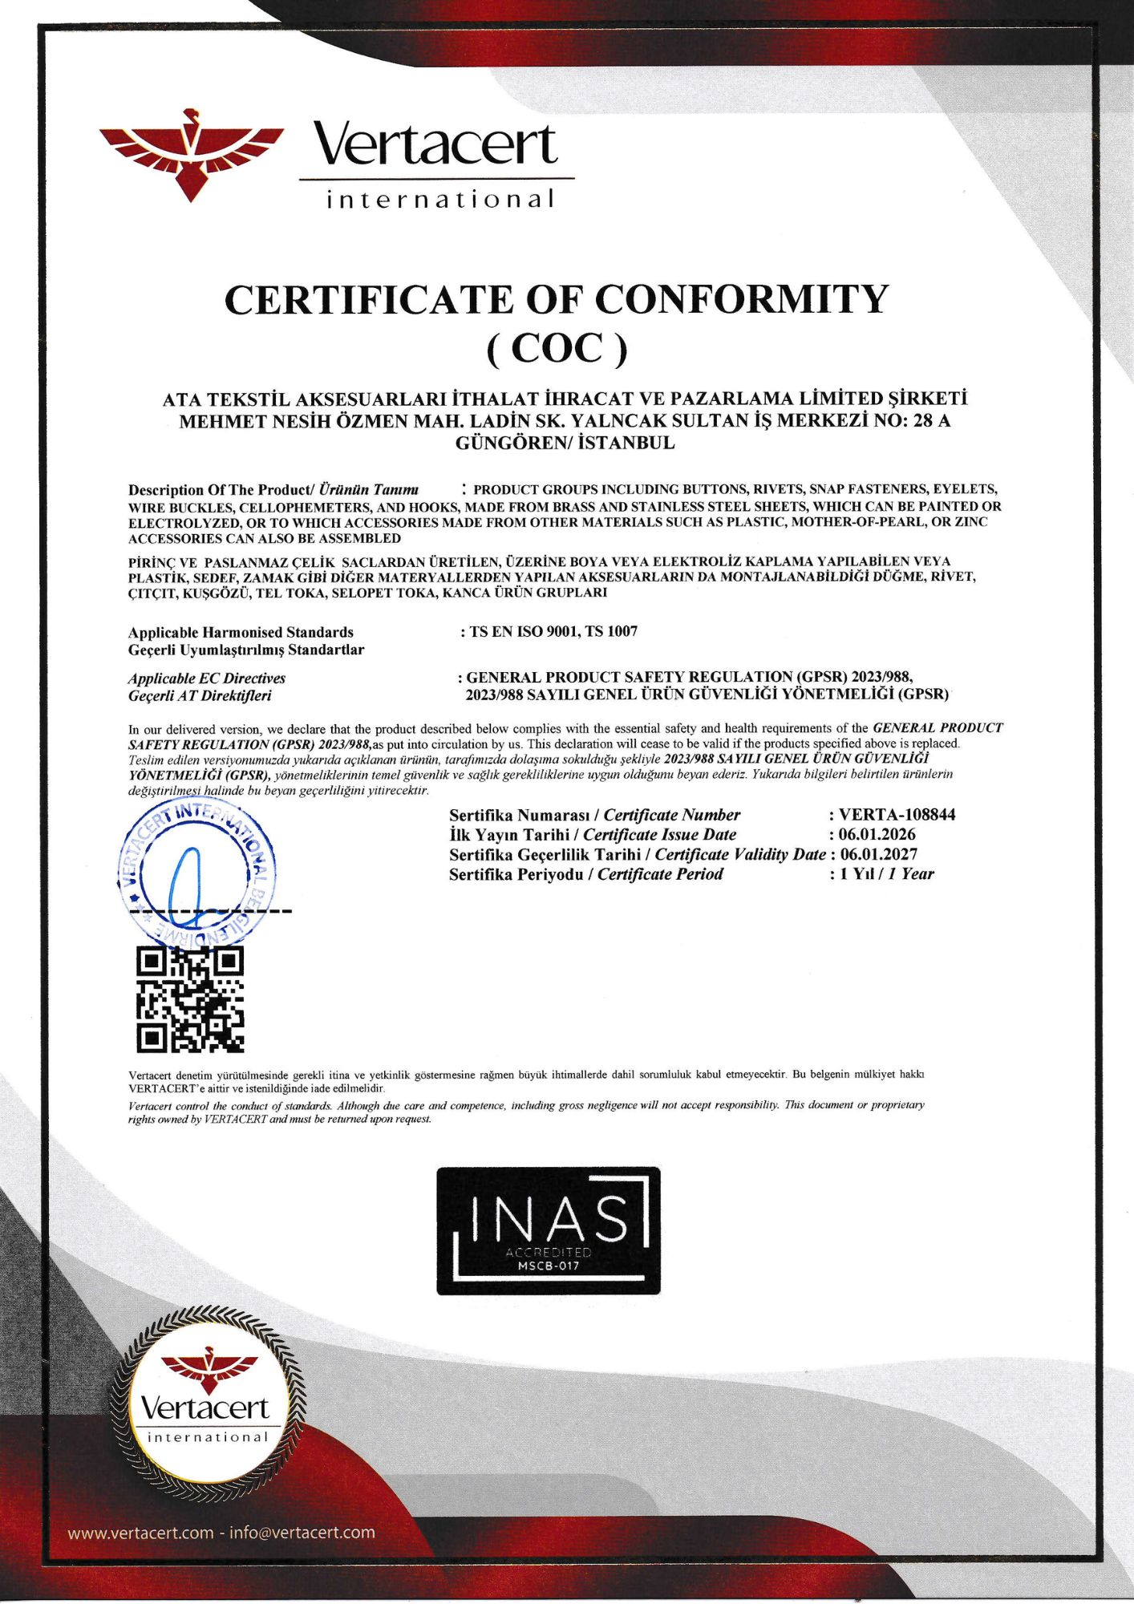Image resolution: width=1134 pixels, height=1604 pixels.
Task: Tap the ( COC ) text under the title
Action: click(x=557, y=349)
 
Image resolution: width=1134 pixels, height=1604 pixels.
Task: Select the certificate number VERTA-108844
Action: click(x=897, y=815)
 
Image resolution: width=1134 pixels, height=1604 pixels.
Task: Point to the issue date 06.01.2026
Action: click(x=877, y=834)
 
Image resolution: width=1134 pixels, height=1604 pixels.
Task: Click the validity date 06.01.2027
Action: click(x=878, y=854)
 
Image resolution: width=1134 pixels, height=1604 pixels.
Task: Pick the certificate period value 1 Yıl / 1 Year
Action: click(x=886, y=874)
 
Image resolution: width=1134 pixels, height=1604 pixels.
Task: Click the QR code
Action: click(x=189, y=999)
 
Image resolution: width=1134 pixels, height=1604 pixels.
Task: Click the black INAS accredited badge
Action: click(x=548, y=1230)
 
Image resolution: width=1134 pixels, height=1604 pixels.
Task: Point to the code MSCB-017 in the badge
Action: click(x=548, y=1266)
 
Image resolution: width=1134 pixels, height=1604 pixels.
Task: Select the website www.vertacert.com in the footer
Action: click(x=140, y=1533)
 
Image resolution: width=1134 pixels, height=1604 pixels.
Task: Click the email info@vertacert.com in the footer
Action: click(x=302, y=1533)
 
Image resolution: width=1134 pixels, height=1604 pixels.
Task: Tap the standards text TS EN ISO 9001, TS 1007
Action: click(x=553, y=632)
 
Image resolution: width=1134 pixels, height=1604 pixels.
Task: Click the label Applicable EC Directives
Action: click(x=207, y=678)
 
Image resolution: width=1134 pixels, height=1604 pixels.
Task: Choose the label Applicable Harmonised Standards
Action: click(x=241, y=633)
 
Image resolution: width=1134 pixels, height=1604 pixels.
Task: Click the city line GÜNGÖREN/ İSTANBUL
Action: click(x=565, y=443)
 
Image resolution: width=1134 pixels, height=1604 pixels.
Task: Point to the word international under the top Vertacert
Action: click(x=439, y=199)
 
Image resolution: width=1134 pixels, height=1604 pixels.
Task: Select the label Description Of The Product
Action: click(x=219, y=490)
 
